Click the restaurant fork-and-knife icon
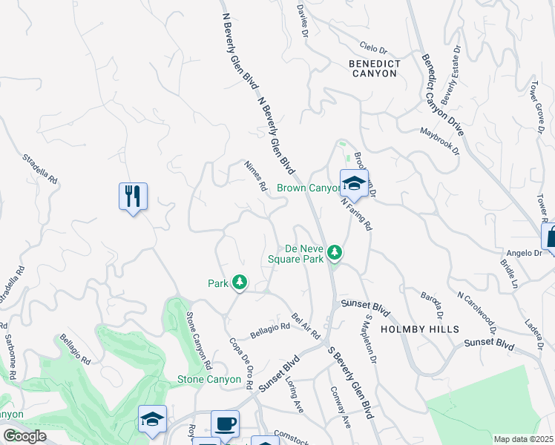pos(133,197)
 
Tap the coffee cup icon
pos(225,423)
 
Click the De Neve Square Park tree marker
pos(335,254)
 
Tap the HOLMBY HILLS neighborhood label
pos(419,329)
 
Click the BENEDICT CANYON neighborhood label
pos(375,68)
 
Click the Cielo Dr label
pos(374,48)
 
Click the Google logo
pos(24,436)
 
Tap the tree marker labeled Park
pos(239,282)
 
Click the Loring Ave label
pos(295,394)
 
